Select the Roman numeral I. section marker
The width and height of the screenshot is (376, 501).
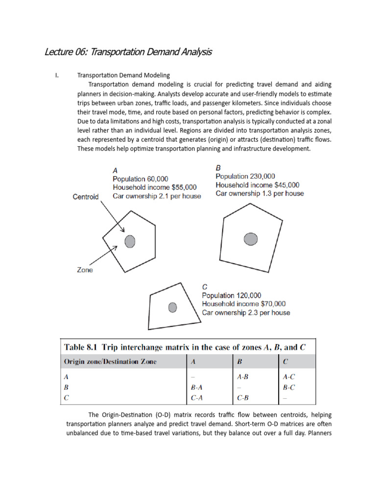point(57,75)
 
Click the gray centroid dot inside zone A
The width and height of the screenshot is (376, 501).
point(130,241)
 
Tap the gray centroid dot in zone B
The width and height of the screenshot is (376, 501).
point(251,239)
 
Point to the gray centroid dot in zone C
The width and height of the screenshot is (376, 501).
point(172,307)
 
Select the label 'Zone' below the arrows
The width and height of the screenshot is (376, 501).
point(84,270)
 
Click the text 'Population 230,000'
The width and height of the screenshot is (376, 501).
point(245,176)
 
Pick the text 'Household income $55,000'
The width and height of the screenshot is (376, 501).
point(155,187)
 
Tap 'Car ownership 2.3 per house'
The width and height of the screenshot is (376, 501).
point(246,312)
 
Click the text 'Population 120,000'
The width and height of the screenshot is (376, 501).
point(232,296)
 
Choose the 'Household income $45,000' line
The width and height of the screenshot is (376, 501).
point(258,185)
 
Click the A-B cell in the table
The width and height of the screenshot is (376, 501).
point(242,377)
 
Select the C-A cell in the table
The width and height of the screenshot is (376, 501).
point(197,398)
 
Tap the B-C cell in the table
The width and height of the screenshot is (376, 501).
point(289,387)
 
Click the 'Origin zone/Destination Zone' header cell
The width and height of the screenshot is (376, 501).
point(110,362)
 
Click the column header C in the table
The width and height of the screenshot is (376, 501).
point(285,362)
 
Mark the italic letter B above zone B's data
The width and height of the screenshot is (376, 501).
point(218,167)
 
